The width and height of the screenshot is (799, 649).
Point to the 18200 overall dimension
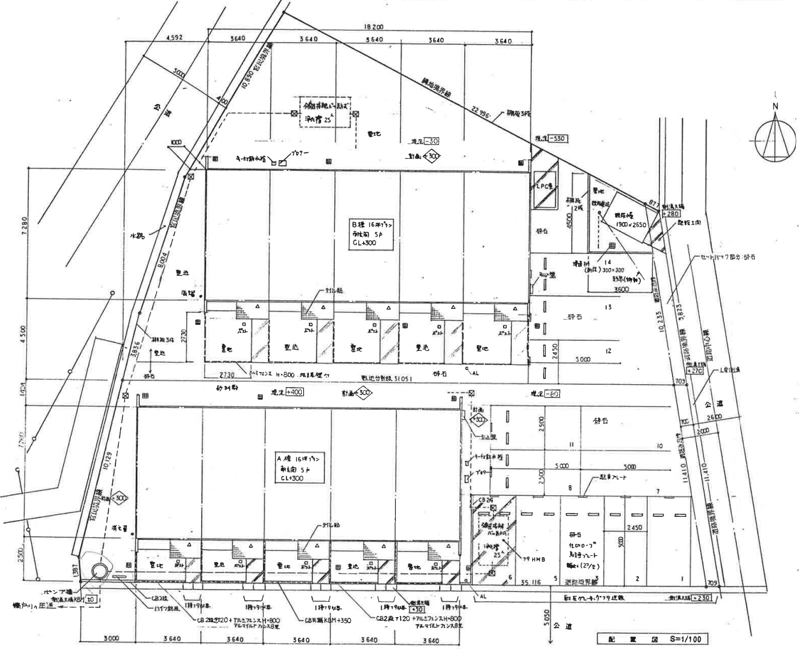(373, 27)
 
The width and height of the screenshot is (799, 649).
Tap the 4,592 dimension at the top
(174, 38)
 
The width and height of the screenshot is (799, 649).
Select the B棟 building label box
(373, 233)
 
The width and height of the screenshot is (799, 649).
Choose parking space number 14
(608, 262)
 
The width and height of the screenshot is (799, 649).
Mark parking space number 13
(608, 308)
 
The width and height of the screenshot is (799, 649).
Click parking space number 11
(572, 444)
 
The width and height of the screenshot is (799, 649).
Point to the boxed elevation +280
(670, 214)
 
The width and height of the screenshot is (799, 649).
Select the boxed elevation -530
(557, 138)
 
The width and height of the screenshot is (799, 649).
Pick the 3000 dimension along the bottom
(110, 639)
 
